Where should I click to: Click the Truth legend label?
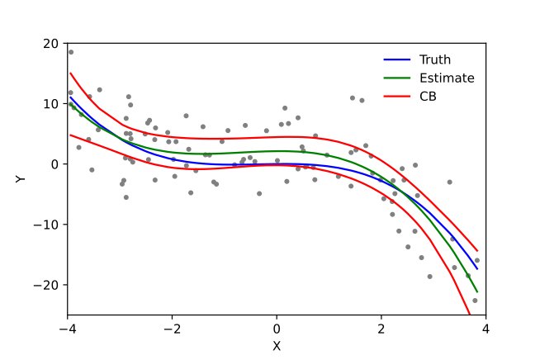click(434, 59)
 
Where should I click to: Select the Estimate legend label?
click(447, 78)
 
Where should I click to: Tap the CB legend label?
click(428, 97)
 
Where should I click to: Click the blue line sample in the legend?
click(397, 59)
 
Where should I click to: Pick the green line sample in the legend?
click(397, 78)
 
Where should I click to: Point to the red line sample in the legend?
click(397, 97)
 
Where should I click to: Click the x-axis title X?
click(277, 346)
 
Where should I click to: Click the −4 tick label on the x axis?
click(68, 329)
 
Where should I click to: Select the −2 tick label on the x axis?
click(172, 329)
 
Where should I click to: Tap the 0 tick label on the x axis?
click(277, 329)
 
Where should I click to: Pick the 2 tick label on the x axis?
click(381, 329)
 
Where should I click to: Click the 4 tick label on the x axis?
click(486, 329)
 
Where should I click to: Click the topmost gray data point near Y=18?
click(70, 52)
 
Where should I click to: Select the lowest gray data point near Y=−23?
click(475, 300)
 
